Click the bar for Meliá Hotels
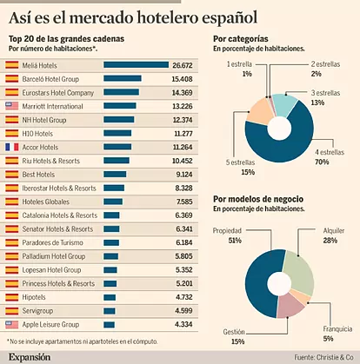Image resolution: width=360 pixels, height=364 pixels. [136, 65]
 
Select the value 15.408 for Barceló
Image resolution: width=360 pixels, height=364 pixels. [182, 79]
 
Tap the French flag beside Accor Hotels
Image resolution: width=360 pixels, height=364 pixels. [12, 147]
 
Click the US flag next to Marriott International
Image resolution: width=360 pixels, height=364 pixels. [12, 106]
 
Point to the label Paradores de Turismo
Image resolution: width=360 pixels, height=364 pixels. [53, 242]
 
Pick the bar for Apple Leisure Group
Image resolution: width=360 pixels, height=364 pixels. [109, 325]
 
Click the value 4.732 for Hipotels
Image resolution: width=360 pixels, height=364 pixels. [183, 297]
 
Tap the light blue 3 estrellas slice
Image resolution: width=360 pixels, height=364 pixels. [284, 104]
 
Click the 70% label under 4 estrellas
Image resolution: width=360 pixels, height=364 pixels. [322, 162]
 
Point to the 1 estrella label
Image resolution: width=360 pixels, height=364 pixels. [239, 64]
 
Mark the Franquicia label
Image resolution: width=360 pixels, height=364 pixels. [337, 329]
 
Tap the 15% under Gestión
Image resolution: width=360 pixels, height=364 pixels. [237, 341]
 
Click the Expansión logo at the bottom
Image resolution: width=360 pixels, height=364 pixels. [30, 357]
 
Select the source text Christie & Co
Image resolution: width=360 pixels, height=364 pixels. [335, 357]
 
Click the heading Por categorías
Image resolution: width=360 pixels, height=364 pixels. [241, 39]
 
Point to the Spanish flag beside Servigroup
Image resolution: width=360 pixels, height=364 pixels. [12, 311]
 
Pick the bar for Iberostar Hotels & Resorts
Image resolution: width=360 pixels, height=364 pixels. [114, 188]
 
